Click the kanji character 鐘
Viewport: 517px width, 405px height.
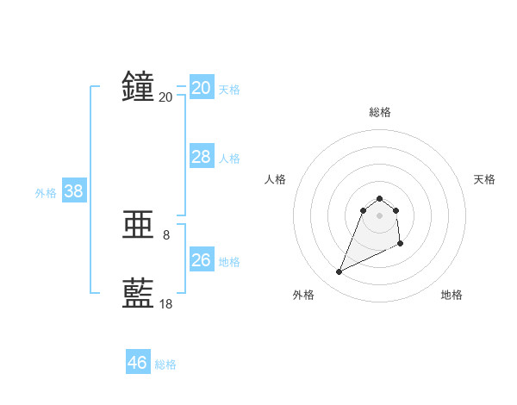point(138,87)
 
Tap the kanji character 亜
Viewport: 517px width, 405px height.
point(138,226)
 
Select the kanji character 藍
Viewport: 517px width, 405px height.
point(138,294)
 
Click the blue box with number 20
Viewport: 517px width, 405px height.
point(202,88)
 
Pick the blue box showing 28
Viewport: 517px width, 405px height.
point(202,157)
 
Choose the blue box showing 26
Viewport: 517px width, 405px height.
point(202,260)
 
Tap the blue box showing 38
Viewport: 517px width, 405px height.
point(73,191)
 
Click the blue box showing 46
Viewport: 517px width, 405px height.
point(138,363)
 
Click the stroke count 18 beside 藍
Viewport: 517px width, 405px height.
point(165,303)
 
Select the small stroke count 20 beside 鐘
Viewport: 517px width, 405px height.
point(165,97)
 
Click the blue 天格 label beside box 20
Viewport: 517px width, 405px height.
point(229,90)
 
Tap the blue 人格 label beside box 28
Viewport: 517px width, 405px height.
point(229,159)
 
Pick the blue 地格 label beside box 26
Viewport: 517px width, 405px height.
point(229,262)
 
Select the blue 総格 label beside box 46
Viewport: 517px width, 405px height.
point(165,364)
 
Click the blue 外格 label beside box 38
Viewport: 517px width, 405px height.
point(46,193)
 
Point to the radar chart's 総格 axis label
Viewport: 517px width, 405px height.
point(379,112)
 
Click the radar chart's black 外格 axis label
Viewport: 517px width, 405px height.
point(303,295)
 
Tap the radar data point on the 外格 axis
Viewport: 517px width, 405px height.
point(339,272)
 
